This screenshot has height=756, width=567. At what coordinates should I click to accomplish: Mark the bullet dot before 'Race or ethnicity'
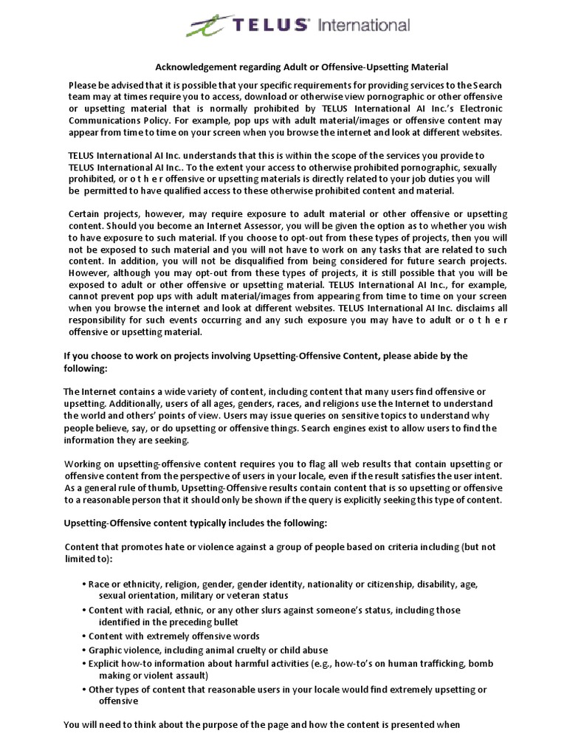pyautogui.click(x=83, y=583)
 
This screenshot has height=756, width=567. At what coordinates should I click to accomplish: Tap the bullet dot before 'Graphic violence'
pyautogui.click(x=83, y=650)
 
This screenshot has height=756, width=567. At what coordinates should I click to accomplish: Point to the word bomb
pyautogui.click(x=481, y=663)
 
